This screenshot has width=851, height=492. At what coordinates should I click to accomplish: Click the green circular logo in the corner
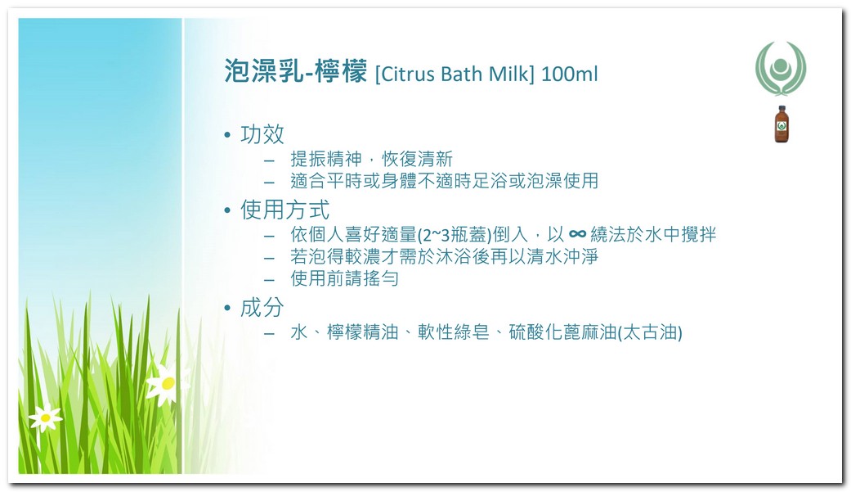[x=781, y=68]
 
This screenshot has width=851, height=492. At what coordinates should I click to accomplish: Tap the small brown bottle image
[x=781, y=124]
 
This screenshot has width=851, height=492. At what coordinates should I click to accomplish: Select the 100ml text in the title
[x=569, y=74]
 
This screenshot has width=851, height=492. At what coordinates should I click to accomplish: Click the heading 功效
[x=262, y=134]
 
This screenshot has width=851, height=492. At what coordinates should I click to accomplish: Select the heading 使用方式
[x=285, y=210]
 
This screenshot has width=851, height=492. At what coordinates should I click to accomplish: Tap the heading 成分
[x=262, y=307]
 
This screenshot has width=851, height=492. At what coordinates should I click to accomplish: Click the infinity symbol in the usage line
[x=577, y=234]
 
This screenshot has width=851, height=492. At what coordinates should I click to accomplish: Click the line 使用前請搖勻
[x=345, y=278]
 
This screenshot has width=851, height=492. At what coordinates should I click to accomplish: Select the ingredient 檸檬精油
[x=362, y=332]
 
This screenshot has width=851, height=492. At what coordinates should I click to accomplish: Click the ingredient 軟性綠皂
[x=454, y=332]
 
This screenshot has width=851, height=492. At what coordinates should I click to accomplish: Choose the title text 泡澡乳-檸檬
[x=296, y=71]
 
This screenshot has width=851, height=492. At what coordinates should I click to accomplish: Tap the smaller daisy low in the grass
[x=45, y=418]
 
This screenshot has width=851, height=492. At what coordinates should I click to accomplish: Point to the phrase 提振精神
[x=326, y=159]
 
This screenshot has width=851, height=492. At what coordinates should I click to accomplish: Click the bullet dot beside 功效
[x=227, y=135]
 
